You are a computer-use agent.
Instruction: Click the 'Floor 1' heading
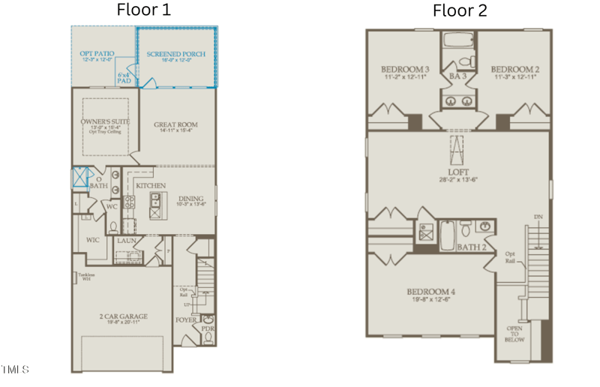[x=143, y=10]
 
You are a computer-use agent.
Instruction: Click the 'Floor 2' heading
[x=459, y=10]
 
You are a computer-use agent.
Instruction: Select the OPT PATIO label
[x=97, y=54]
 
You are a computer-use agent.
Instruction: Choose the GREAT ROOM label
[x=175, y=124]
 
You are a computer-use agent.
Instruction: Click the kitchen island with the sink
[x=157, y=202]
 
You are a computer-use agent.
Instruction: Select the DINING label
[x=190, y=199]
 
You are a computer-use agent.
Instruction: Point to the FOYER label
[x=186, y=319]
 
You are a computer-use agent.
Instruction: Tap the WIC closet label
[x=93, y=240]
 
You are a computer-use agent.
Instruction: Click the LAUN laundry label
[x=126, y=241]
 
